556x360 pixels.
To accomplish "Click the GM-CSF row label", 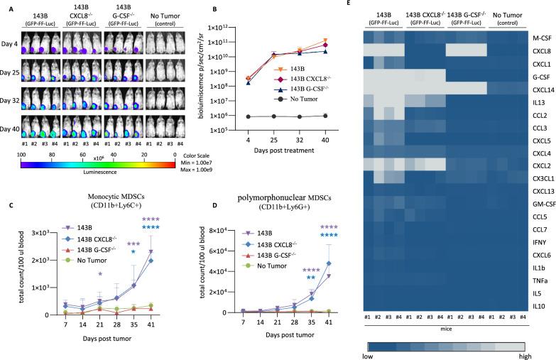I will pyautogui.click(x=540, y=203).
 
